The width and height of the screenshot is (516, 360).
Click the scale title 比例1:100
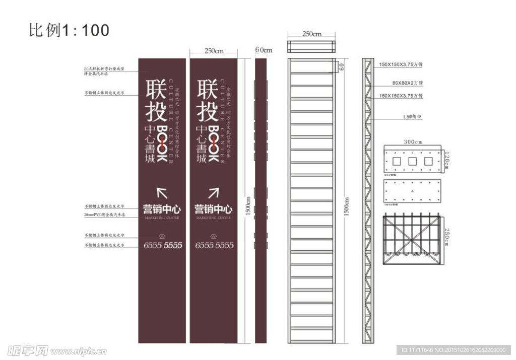[69, 30]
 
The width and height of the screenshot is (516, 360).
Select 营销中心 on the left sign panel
[162, 208]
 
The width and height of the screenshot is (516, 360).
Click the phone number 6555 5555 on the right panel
[214, 245]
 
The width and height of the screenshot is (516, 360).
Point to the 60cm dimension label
[263, 50]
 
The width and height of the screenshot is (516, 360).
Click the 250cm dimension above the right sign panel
[214, 51]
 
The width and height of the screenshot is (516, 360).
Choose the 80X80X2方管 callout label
[408, 83]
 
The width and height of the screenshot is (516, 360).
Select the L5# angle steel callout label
[411, 117]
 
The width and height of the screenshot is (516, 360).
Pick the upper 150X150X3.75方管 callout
[401, 65]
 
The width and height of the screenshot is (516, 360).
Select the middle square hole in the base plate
[413, 162]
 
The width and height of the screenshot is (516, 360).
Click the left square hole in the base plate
[397, 162]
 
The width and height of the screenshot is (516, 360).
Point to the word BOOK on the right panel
[213, 143]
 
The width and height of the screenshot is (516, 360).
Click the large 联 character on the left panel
[156, 89]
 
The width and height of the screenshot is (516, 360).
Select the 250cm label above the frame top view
[311, 34]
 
